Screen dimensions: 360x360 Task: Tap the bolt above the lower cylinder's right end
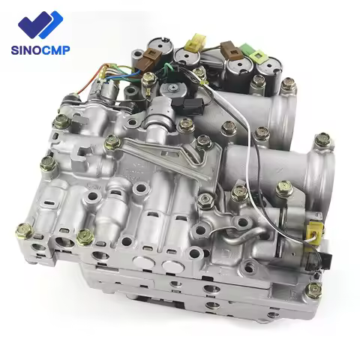pos(323,140)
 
